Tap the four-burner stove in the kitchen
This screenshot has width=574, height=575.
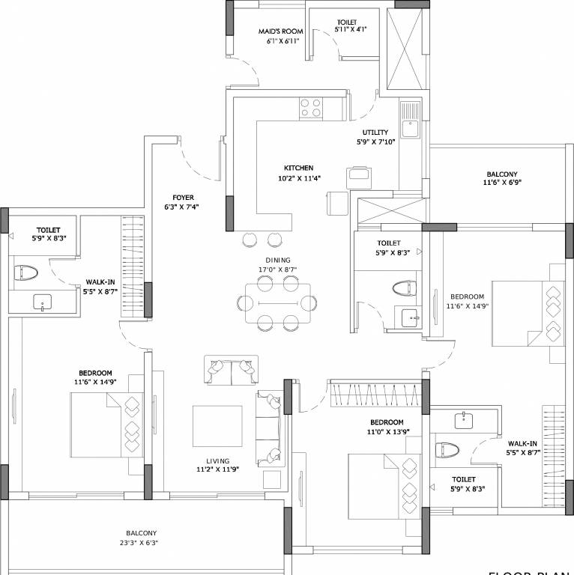312,109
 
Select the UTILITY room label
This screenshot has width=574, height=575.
375,132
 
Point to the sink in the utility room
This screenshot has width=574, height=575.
409,129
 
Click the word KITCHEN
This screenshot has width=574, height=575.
297,168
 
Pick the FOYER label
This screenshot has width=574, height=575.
183,198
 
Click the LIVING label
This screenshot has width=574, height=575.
219,461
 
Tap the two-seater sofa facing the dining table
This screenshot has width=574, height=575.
230,369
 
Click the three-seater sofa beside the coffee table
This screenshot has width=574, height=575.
268,427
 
